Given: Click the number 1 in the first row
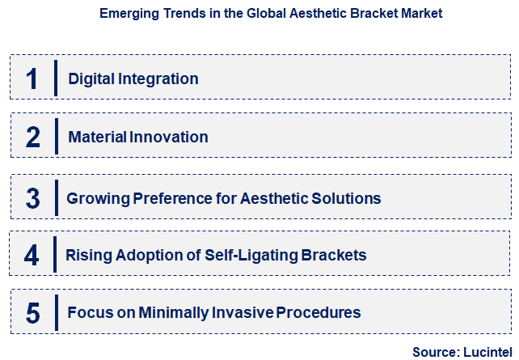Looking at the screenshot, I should (32, 79).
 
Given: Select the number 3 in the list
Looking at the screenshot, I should (32, 198).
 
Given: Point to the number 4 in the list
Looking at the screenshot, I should (32, 256).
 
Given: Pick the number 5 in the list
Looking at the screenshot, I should (32, 313).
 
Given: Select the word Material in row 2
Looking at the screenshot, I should (97, 138).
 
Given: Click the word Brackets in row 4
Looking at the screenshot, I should (334, 256).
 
